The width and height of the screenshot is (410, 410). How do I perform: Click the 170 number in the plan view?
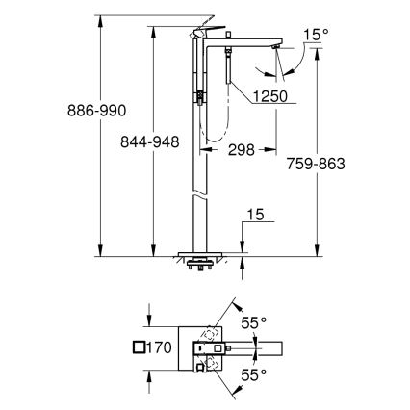(x=159, y=347)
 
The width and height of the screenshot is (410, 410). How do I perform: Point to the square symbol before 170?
(x=141, y=347)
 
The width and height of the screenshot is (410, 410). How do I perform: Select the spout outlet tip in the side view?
(x=278, y=48)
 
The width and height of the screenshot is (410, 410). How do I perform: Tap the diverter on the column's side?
(x=198, y=96)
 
